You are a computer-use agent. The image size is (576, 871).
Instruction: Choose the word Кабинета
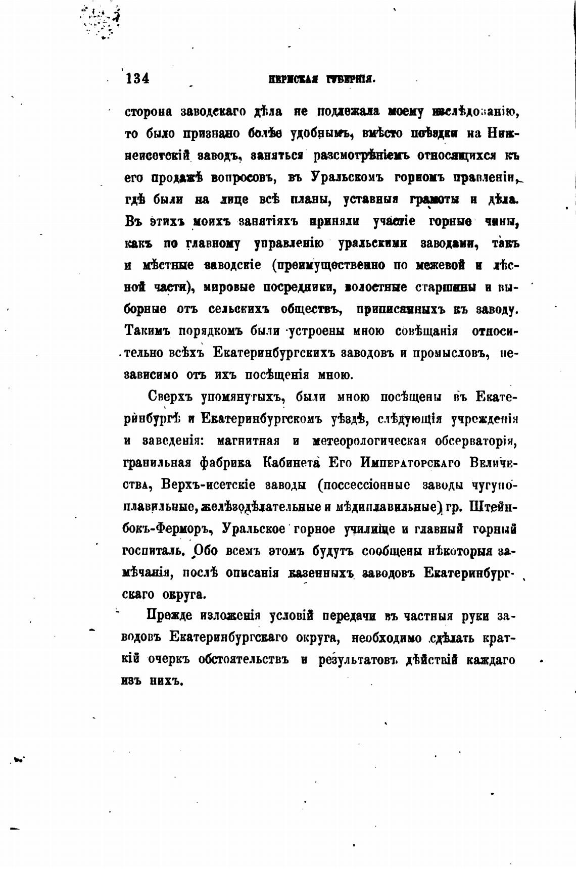tap(293, 463)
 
